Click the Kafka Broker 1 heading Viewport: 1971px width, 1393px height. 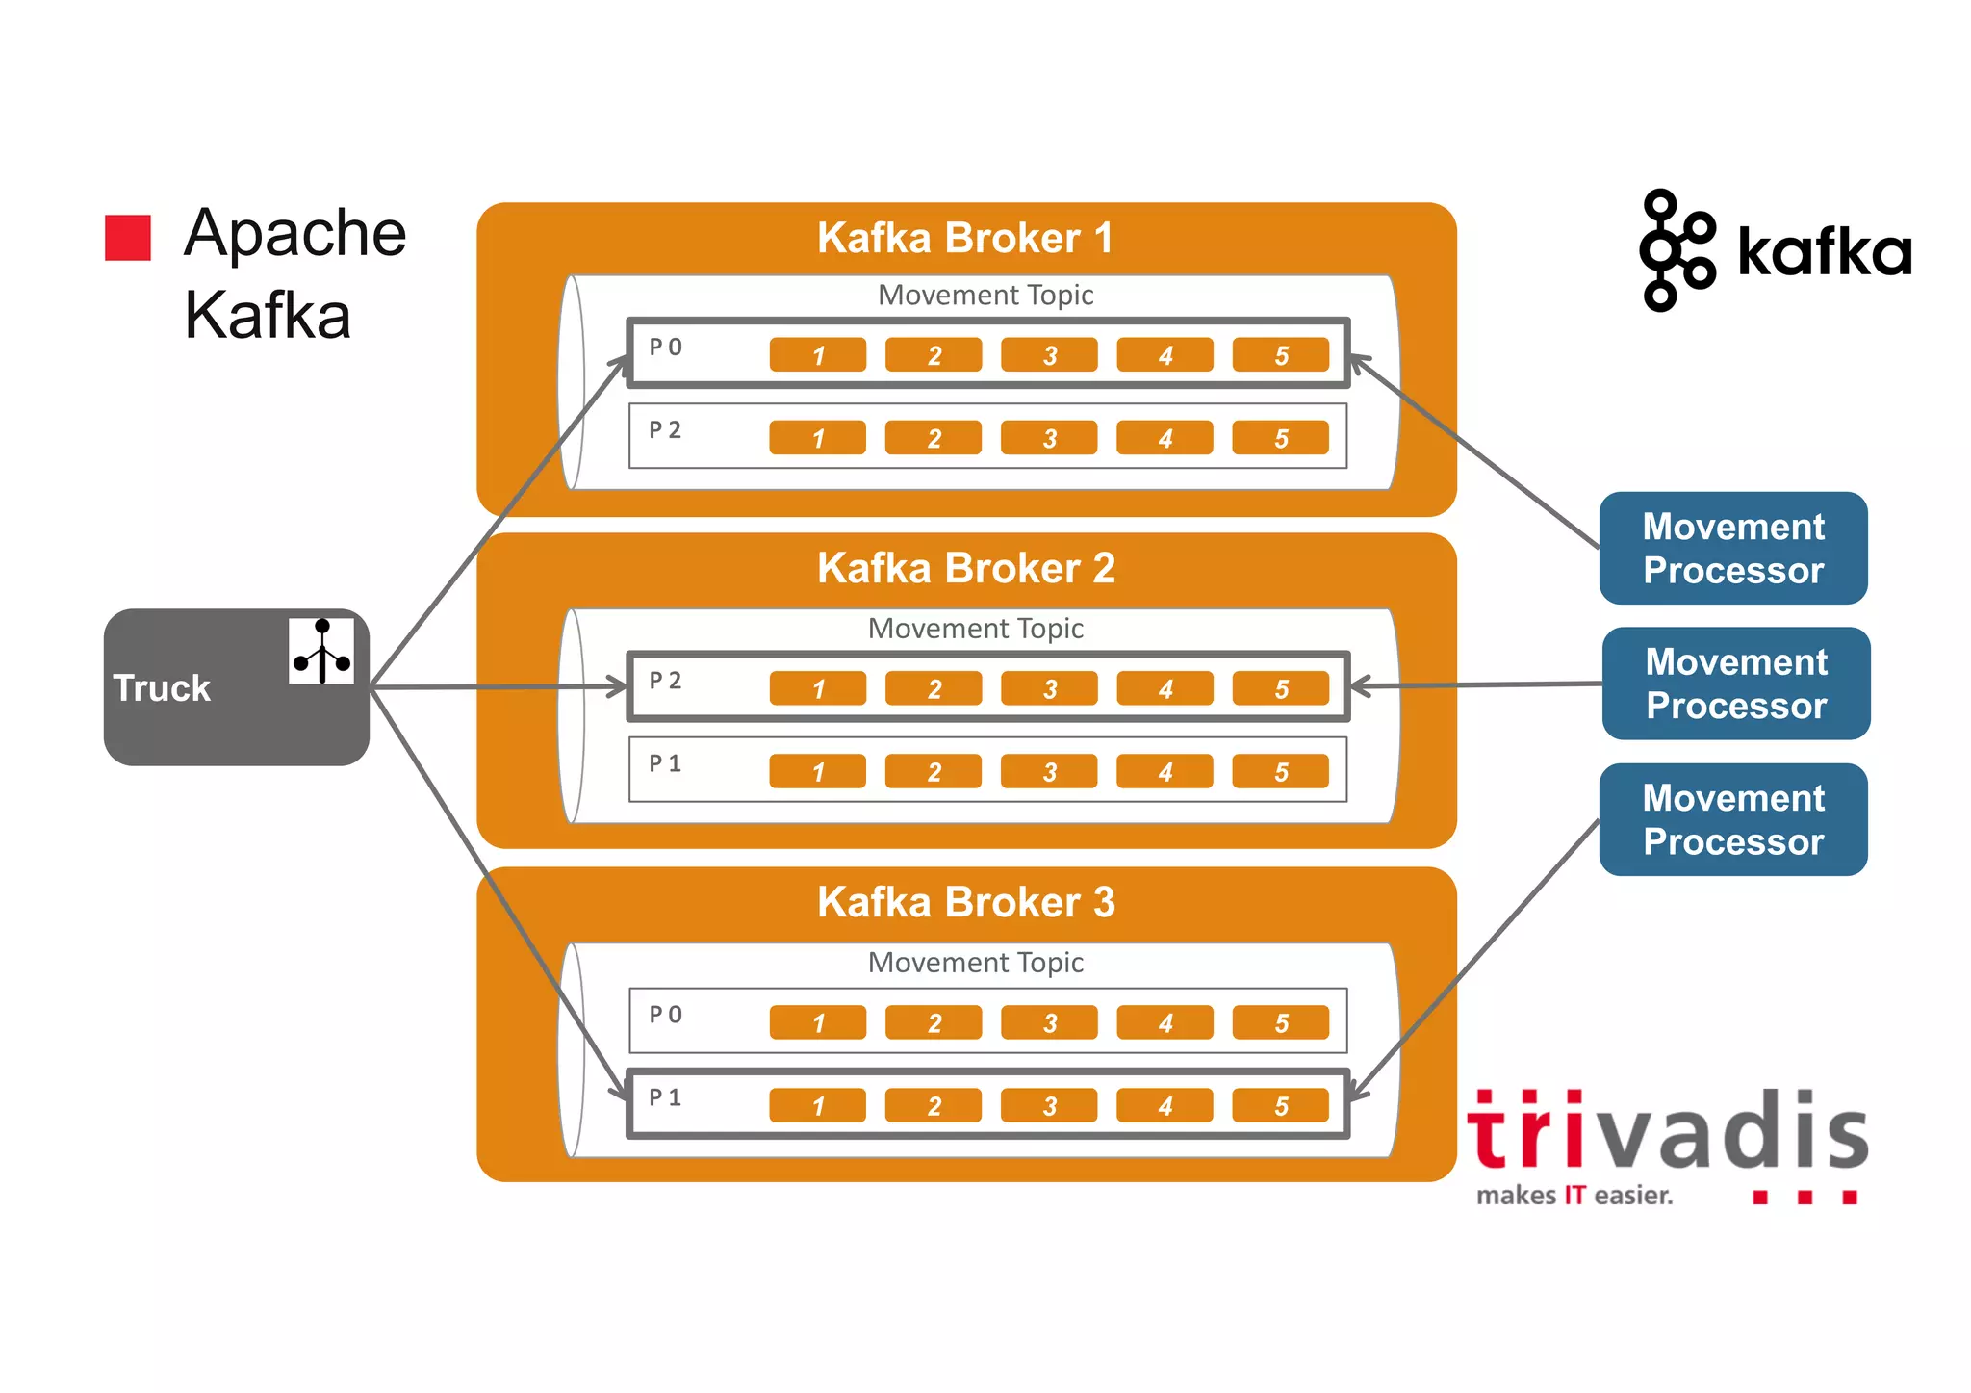click(x=965, y=238)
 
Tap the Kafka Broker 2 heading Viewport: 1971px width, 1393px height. click(x=965, y=568)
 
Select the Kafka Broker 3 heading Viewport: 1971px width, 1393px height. click(x=965, y=902)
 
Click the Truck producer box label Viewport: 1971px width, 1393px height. click(x=162, y=688)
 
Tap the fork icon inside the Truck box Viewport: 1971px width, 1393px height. click(x=321, y=651)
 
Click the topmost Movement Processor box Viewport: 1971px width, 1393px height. click(x=1732, y=548)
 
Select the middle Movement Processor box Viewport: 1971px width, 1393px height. click(x=1735, y=684)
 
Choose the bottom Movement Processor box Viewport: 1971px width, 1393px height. click(x=1732, y=819)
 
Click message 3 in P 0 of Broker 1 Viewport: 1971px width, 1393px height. click(x=1049, y=355)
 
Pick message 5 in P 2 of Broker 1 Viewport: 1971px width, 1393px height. click(x=1280, y=438)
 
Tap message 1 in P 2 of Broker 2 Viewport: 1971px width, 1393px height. click(x=818, y=688)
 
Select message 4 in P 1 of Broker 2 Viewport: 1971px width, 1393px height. click(x=1165, y=771)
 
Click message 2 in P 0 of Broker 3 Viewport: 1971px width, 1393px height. click(x=934, y=1022)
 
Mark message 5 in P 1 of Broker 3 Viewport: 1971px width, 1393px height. click(x=1280, y=1105)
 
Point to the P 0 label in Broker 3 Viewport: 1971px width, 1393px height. click(x=665, y=1015)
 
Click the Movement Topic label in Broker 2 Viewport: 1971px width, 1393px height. click(x=975, y=629)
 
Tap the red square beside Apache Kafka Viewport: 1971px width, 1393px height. click(x=128, y=238)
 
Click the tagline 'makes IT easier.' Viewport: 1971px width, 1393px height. click(x=1574, y=1196)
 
